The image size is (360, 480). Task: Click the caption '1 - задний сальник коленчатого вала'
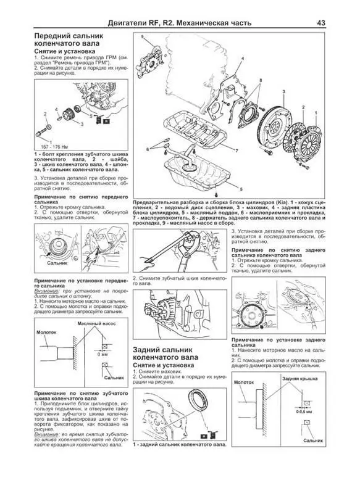coord(178,444)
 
